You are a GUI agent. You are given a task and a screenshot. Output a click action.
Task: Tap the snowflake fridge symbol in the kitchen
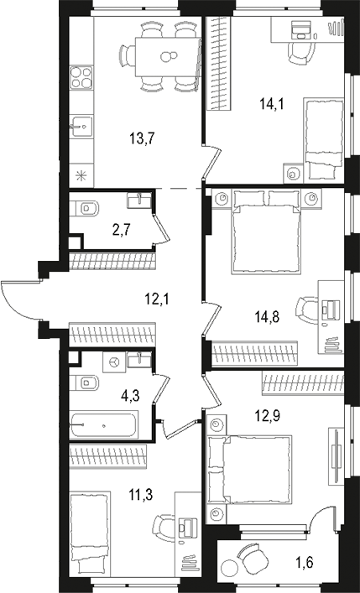(81, 175)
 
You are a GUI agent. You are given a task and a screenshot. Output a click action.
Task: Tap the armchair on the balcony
(249, 556)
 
